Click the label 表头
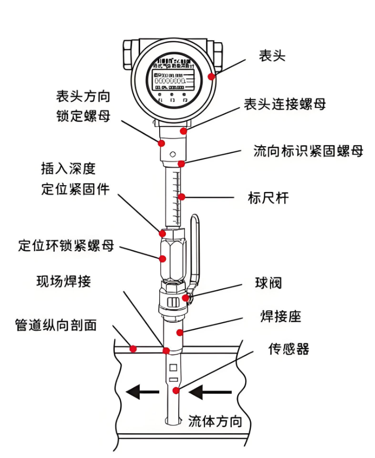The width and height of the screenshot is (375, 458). [x=271, y=56]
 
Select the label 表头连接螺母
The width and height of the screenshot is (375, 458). [x=284, y=104]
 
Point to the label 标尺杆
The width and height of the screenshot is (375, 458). [x=268, y=198]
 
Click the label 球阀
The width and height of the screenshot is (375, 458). [x=268, y=283]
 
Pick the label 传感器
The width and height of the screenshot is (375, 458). [x=288, y=349]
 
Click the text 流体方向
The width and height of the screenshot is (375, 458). [x=215, y=421]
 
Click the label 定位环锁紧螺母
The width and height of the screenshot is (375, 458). [x=66, y=245]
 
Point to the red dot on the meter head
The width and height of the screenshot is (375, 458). [x=211, y=77]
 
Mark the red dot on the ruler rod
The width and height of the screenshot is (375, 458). [x=181, y=197]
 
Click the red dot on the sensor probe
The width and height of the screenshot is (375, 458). [x=176, y=391]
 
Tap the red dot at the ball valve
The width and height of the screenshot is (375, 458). [x=185, y=298]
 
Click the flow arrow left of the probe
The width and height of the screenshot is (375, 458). [x=142, y=393]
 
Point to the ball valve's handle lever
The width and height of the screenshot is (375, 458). [x=195, y=247]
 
